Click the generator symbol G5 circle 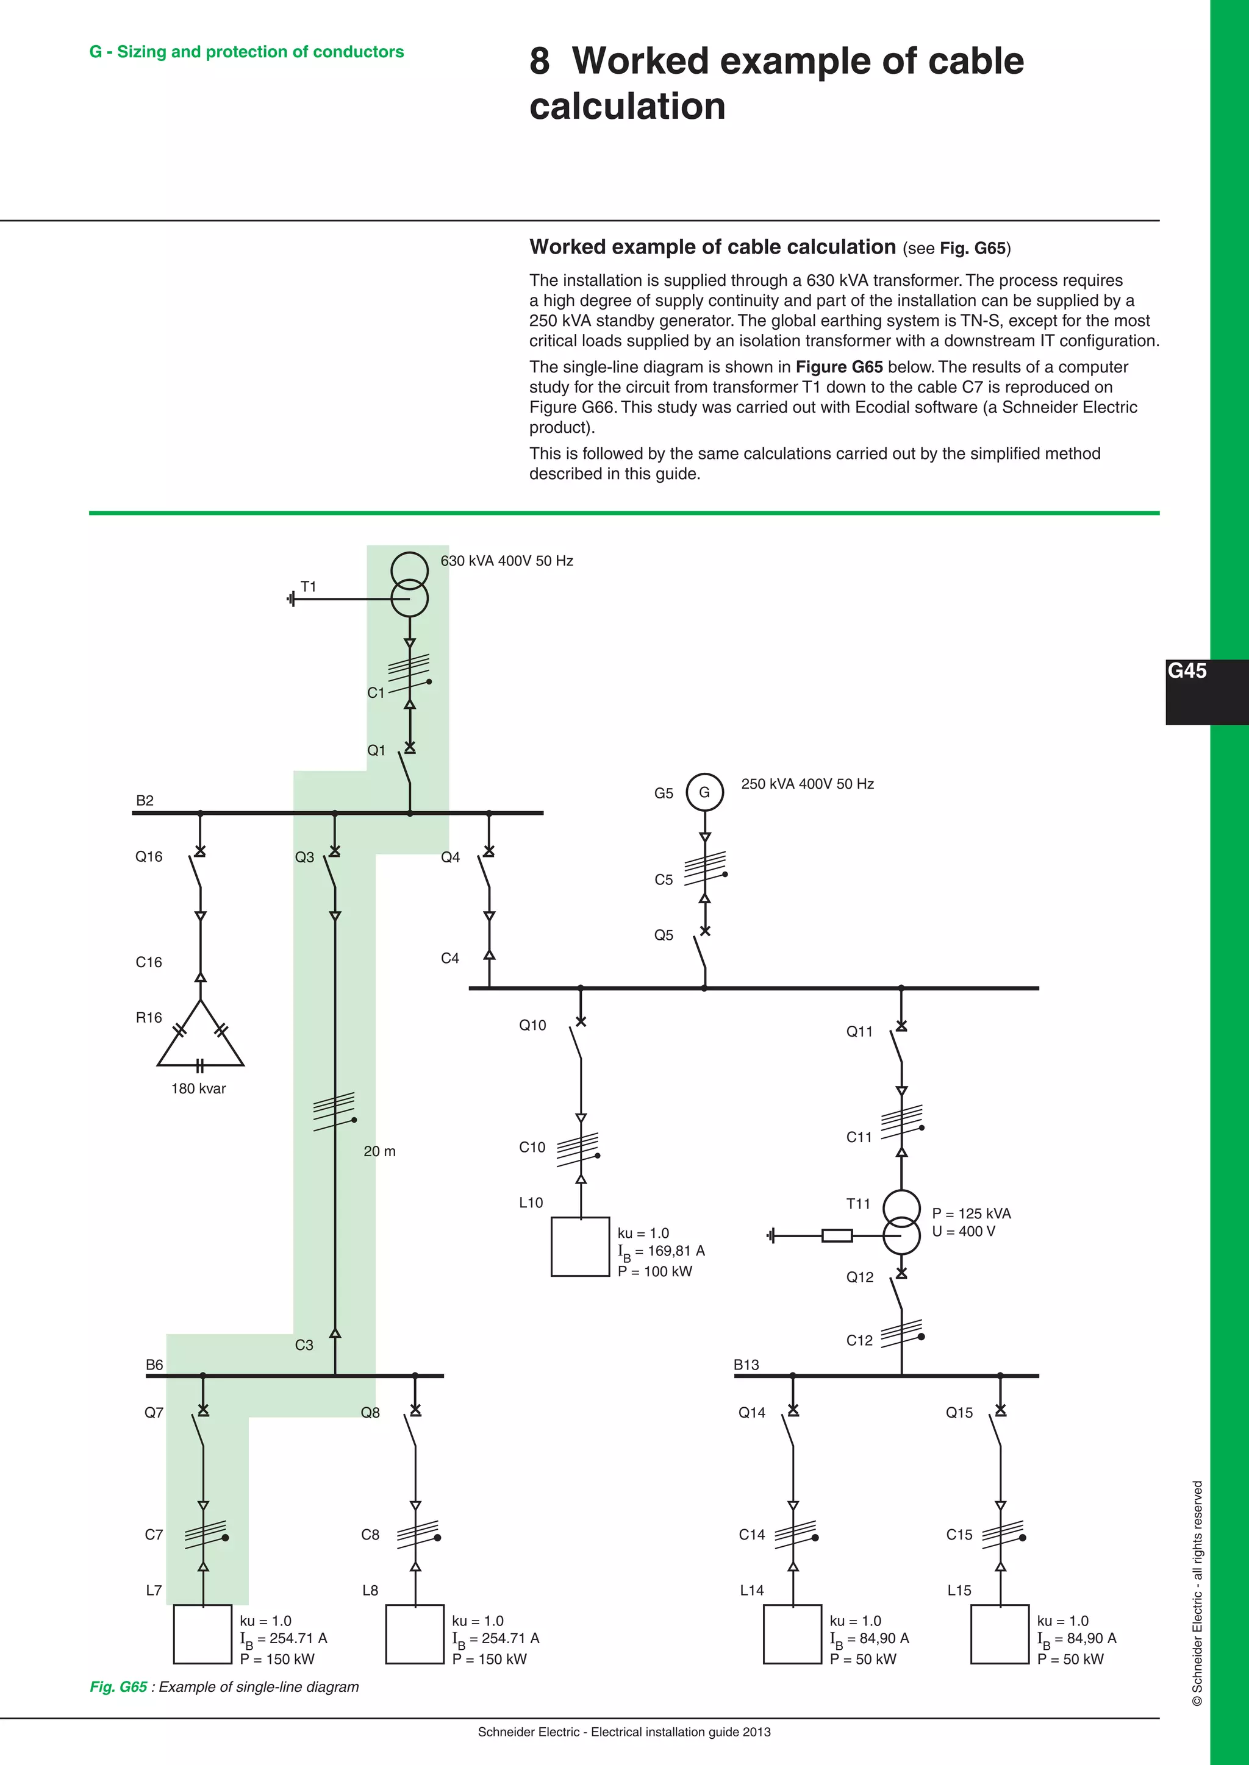pos(704,792)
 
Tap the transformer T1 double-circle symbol pos(409,584)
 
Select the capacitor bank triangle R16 pos(200,1037)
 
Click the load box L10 pos(581,1246)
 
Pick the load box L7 pos(202,1633)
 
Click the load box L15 pos(1000,1633)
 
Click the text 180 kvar pos(198,1088)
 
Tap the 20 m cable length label pos(379,1151)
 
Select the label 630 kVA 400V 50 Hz pos(507,561)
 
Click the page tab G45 pos(1187,671)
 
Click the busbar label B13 pos(746,1365)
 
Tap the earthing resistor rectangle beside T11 pos(837,1235)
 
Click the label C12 pos(859,1340)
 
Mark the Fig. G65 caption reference pos(118,1686)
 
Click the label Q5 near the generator pos(664,935)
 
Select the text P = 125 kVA pos(972,1213)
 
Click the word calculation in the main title pos(627,106)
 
